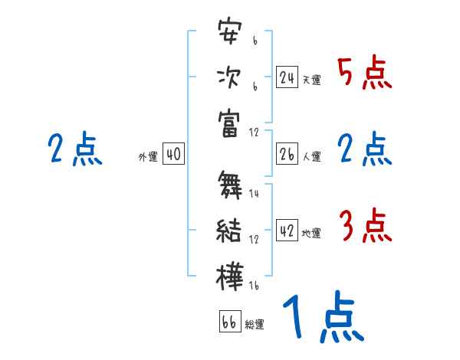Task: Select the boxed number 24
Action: (287, 77)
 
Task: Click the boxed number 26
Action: (287, 154)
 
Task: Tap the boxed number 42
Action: (287, 230)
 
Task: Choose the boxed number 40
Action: (173, 154)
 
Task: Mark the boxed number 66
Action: (229, 322)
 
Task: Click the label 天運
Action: (311, 80)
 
